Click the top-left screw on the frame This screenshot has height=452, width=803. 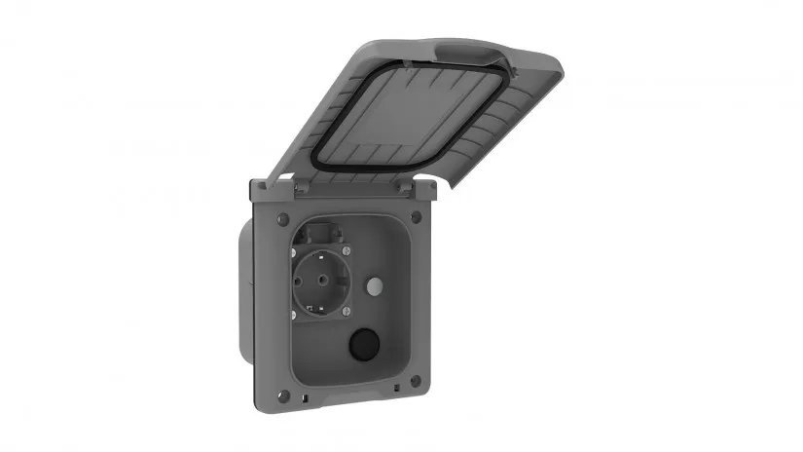pyautogui.click(x=280, y=218)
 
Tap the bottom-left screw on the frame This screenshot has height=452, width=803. pyautogui.click(x=281, y=395)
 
